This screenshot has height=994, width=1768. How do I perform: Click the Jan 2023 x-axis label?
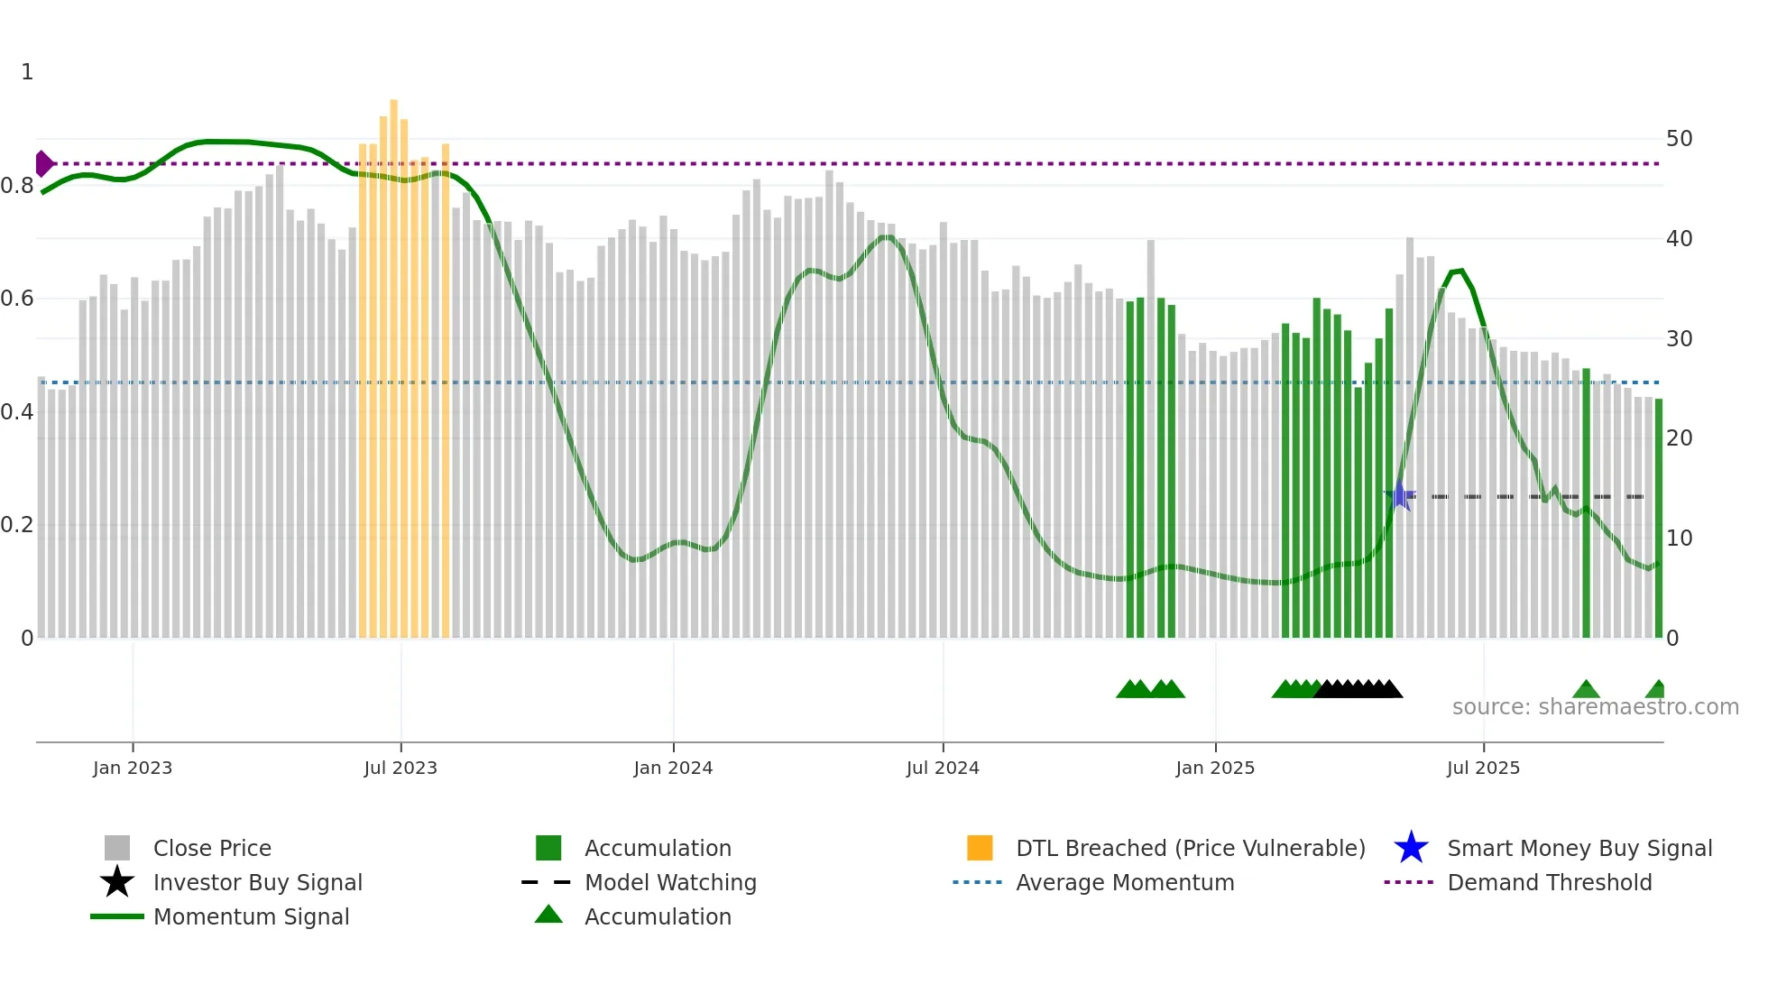132,768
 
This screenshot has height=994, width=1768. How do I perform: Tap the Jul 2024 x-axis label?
942,768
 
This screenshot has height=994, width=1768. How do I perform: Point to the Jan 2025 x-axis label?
1214,768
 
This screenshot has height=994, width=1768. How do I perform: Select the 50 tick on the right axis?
1679,139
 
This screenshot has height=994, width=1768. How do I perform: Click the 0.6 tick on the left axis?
17,299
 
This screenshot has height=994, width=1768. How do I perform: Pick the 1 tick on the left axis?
27,72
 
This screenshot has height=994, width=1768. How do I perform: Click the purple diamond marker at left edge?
43,164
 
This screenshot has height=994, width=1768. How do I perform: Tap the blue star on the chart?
1399,495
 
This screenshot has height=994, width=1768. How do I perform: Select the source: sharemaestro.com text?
1595,707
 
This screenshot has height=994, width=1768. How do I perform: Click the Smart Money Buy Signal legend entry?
1579,849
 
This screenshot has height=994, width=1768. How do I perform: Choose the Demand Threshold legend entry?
1549,883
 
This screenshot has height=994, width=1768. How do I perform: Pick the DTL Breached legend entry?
1190,849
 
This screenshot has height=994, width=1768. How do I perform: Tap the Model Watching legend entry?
669,883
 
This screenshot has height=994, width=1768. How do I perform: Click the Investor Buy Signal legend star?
117,882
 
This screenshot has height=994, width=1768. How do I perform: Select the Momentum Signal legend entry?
251,917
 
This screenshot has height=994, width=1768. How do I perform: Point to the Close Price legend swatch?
117,848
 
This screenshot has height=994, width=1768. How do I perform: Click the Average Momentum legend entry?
1124,883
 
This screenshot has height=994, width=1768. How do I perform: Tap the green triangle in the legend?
548,915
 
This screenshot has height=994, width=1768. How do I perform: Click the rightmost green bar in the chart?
1658,519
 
